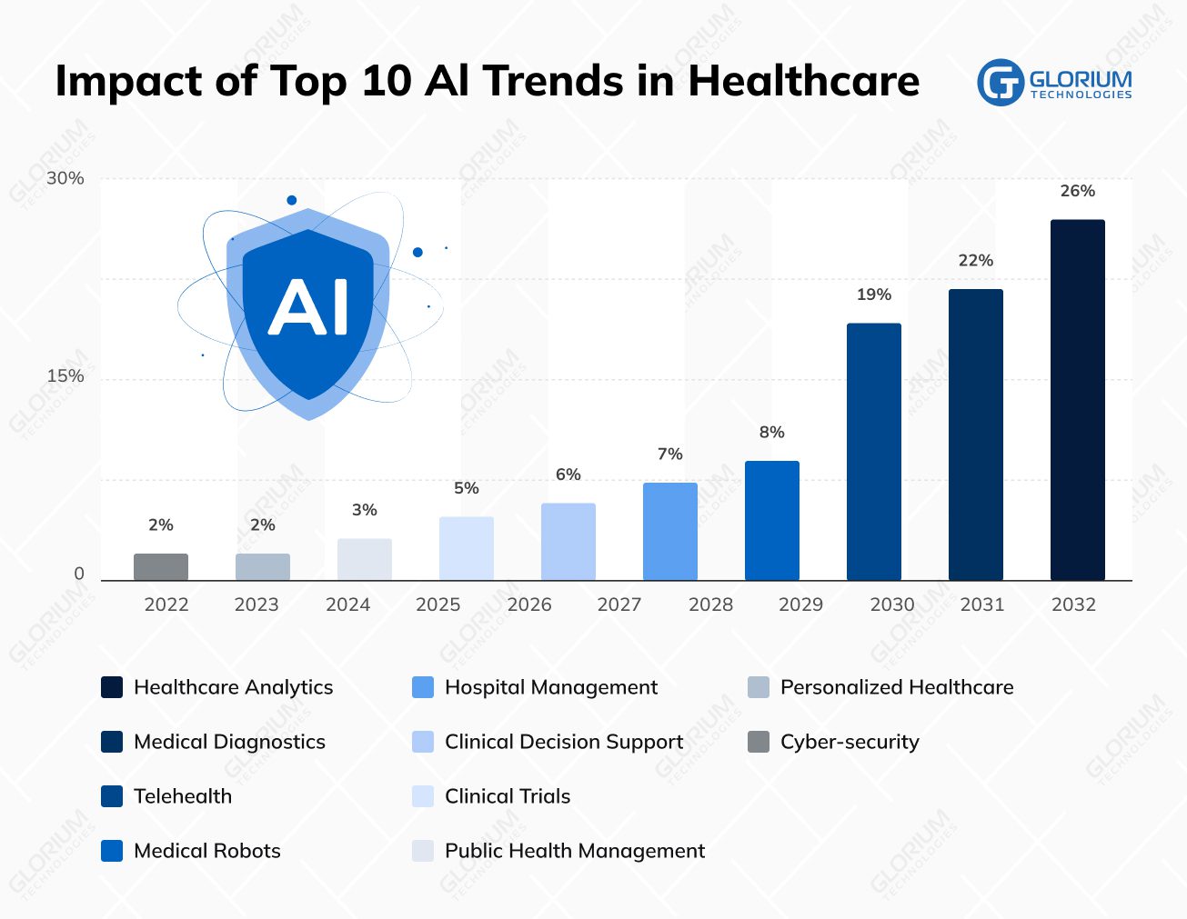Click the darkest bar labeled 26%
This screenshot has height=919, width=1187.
[x=1077, y=400]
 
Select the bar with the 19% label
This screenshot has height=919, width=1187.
[x=873, y=452]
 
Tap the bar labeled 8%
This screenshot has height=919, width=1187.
[x=771, y=520]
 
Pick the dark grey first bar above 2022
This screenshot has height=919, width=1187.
[x=160, y=566]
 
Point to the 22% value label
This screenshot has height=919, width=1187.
[x=975, y=261]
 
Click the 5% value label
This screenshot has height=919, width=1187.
[x=466, y=488]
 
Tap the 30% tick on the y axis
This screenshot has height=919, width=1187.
[x=65, y=178]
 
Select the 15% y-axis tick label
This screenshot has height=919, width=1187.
[x=65, y=376]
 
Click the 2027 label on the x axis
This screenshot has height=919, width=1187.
[x=619, y=604]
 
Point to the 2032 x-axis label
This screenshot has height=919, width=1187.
[x=1073, y=604]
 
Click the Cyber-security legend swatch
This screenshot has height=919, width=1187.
[x=758, y=742]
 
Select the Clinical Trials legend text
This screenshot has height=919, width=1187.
[x=507, y=796]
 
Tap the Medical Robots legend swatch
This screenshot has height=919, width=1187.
[x=112, y=851]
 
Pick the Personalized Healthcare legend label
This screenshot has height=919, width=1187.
[x=896, y=687]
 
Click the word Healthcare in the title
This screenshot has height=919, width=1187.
[x=803, y=81]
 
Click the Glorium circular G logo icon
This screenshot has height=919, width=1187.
[x=1000, y=83]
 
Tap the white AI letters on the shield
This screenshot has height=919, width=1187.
[x=308, y=307]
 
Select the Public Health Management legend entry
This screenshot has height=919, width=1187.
[x=574, y=851]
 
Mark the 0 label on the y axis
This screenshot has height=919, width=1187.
[x=79, y=574]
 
